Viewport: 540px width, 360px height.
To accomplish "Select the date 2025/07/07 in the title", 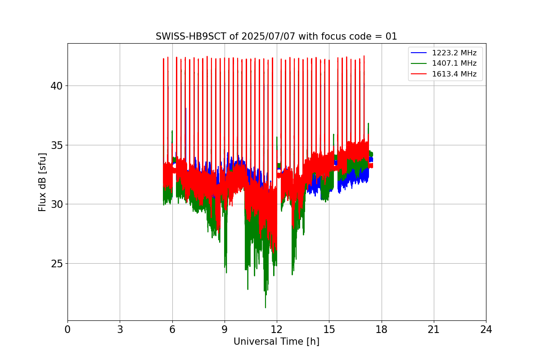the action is click(268, 36).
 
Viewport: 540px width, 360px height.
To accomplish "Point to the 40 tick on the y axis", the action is click(56, 86).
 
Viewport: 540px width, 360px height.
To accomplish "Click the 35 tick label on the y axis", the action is click(56, 145).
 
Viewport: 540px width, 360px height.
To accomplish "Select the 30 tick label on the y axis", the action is click(56, 204).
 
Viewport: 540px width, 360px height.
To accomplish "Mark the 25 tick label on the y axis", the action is click(56, 264).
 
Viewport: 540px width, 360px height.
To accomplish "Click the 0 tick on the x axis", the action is click(67, 329).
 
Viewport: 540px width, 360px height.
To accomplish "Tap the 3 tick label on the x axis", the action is click(120, 329).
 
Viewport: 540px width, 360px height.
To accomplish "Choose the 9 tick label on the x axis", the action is click(225, 329).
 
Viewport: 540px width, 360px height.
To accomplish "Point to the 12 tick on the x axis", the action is click(277, 329).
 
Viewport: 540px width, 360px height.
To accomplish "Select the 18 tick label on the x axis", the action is click(382, 329).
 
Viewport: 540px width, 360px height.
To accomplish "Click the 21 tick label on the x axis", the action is click(434, 329).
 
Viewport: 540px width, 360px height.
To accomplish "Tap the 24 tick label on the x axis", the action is click(486, 329).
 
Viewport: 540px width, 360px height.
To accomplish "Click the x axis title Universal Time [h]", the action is click(276, 342).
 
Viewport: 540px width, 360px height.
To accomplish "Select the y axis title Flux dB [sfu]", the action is click(42, 182).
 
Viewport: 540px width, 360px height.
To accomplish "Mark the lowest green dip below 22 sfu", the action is click(265, 307).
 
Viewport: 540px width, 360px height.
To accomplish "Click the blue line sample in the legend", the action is click(419, 53).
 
